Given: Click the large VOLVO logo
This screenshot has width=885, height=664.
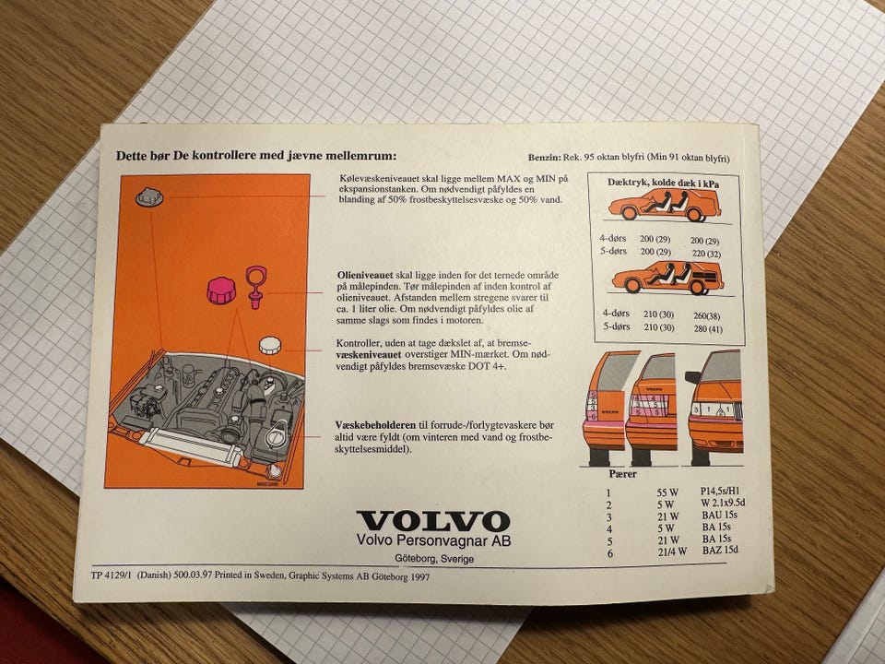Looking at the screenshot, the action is pos(433,520).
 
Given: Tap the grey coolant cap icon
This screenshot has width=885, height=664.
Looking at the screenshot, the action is pos(149,197).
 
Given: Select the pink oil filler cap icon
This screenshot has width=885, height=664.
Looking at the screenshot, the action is pos(220,290).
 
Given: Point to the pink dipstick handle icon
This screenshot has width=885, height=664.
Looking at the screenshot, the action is pos(256,286).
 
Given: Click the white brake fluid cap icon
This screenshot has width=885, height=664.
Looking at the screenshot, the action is pos(270,346).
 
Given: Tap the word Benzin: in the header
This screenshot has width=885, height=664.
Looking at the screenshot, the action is pos(545,158).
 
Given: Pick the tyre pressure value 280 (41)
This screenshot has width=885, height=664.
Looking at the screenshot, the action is pos(708,329).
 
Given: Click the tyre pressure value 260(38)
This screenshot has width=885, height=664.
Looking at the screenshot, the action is pos(707,316).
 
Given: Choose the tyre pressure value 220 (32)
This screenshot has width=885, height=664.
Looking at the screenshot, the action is pos(705,255).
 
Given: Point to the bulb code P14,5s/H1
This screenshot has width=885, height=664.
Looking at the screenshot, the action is pos(720,491).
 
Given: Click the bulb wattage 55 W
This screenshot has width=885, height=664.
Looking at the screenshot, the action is pos(667,492).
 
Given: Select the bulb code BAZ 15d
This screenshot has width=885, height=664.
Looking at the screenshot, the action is pos(720,550).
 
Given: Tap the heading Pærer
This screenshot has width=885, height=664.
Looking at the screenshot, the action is pos(622,474).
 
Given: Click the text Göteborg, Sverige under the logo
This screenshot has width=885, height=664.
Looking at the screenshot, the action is pos(434,559).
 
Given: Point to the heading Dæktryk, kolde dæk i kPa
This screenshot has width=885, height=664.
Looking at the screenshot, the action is pos(664,183).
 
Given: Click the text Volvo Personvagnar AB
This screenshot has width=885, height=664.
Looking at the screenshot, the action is pos(433,540).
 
